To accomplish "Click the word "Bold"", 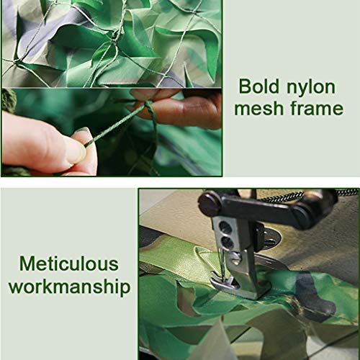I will (x=260, y=88).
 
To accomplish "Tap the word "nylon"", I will (x=310, y=88).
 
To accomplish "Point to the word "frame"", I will (x=315, y=109).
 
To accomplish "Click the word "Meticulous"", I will (x=69, y=264).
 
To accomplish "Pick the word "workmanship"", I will (x=69, y=287).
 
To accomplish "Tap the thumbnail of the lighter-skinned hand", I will (x=75, y=150).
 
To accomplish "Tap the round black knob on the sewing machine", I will (x=210, y=204).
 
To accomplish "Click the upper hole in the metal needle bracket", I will (x=226, y=228).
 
